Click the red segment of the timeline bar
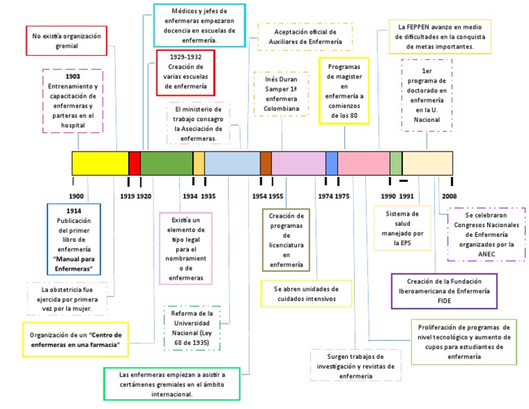(134, 163)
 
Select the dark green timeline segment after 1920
(166, 163)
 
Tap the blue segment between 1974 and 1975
(331, 163)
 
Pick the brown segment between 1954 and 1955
(266, 163)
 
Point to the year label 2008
(450, 196)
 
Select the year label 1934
(190, 196)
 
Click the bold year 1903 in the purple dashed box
(72, 76)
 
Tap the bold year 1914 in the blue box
(74, 210)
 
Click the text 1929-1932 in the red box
(185, 57)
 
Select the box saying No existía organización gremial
(65, 40)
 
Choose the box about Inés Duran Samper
(282, 94)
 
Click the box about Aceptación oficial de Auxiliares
(304, 37)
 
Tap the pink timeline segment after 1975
(364, 163)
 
